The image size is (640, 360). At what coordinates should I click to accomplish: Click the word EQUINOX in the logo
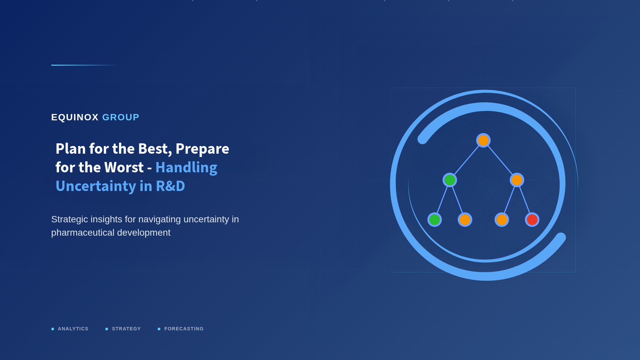(75, 117)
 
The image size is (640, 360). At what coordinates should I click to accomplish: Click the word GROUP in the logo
(121, 117)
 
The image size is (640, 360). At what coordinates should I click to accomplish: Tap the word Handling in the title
(186, 167)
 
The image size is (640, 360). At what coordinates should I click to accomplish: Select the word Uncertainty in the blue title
(96, 186)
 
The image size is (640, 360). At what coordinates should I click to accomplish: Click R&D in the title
(170, 186)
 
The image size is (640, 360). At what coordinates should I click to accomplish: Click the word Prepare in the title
(202, 149)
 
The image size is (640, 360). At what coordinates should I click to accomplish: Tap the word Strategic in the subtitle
(69, 219)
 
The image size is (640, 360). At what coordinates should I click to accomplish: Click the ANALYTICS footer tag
(73, 329)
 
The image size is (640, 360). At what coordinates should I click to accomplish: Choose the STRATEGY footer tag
(126, 329)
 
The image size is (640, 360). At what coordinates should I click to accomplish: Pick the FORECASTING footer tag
(184, 329)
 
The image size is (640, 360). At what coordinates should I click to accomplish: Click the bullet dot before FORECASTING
(159, 329)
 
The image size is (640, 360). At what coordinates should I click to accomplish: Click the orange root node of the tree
(483, 140)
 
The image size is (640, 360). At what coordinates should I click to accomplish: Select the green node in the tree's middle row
(450, 180)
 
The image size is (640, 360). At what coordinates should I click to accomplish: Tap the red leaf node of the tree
(532, 220)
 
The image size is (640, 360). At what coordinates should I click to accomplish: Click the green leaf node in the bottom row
(435, 220)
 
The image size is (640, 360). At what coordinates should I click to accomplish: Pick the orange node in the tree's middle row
(517, 180)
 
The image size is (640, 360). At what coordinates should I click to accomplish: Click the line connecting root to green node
(467, 160)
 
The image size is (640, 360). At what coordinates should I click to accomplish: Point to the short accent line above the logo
(83, 65)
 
